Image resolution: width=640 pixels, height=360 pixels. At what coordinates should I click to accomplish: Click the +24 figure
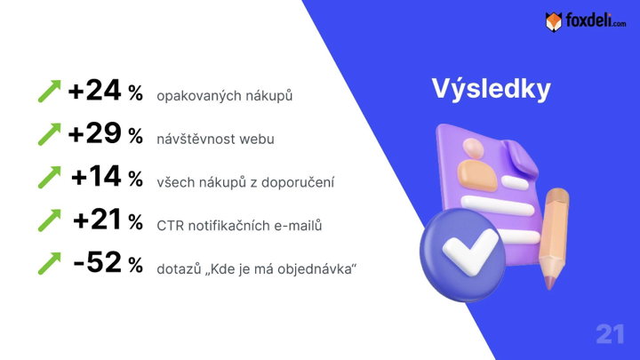[94, 90]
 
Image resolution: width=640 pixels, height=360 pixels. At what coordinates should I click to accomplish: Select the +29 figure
[94, 133]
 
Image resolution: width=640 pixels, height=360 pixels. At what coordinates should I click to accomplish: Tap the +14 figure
[96, 176]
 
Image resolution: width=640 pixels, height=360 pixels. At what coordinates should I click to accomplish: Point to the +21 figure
[97, 220]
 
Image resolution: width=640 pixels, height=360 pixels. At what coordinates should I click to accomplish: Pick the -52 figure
[97, 262]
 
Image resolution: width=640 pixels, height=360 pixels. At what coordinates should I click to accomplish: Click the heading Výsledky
[492, 90]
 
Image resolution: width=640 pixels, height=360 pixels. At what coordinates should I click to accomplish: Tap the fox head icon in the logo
[554, 21]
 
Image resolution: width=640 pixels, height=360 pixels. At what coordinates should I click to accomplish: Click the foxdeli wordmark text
[596, 20]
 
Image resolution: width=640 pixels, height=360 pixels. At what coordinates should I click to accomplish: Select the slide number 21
[610, 334]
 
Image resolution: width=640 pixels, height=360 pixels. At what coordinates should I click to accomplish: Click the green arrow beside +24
[50, 91]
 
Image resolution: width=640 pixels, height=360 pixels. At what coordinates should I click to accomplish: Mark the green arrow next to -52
[50, 263]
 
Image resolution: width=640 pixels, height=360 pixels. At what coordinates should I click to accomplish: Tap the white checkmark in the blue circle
[469, 251]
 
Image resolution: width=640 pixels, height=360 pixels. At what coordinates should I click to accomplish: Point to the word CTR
[170, 226]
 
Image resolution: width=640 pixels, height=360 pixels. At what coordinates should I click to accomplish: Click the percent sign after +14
[135, 179]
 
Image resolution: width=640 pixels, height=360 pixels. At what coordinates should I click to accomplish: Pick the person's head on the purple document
[474, 148]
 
